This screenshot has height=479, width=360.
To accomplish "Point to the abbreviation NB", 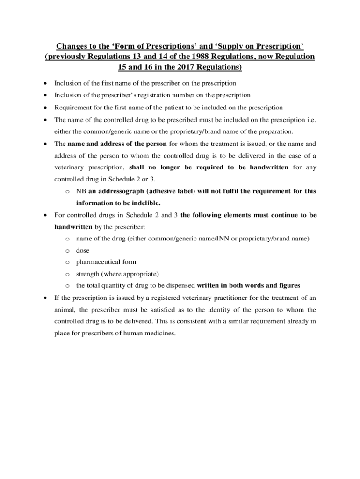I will (x=81, y=191).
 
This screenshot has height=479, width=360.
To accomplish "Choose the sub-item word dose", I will (x=83, y=251).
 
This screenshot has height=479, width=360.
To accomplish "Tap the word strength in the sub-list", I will (x=88, y=274).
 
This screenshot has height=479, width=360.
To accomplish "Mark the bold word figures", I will (x=288, y=285).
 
